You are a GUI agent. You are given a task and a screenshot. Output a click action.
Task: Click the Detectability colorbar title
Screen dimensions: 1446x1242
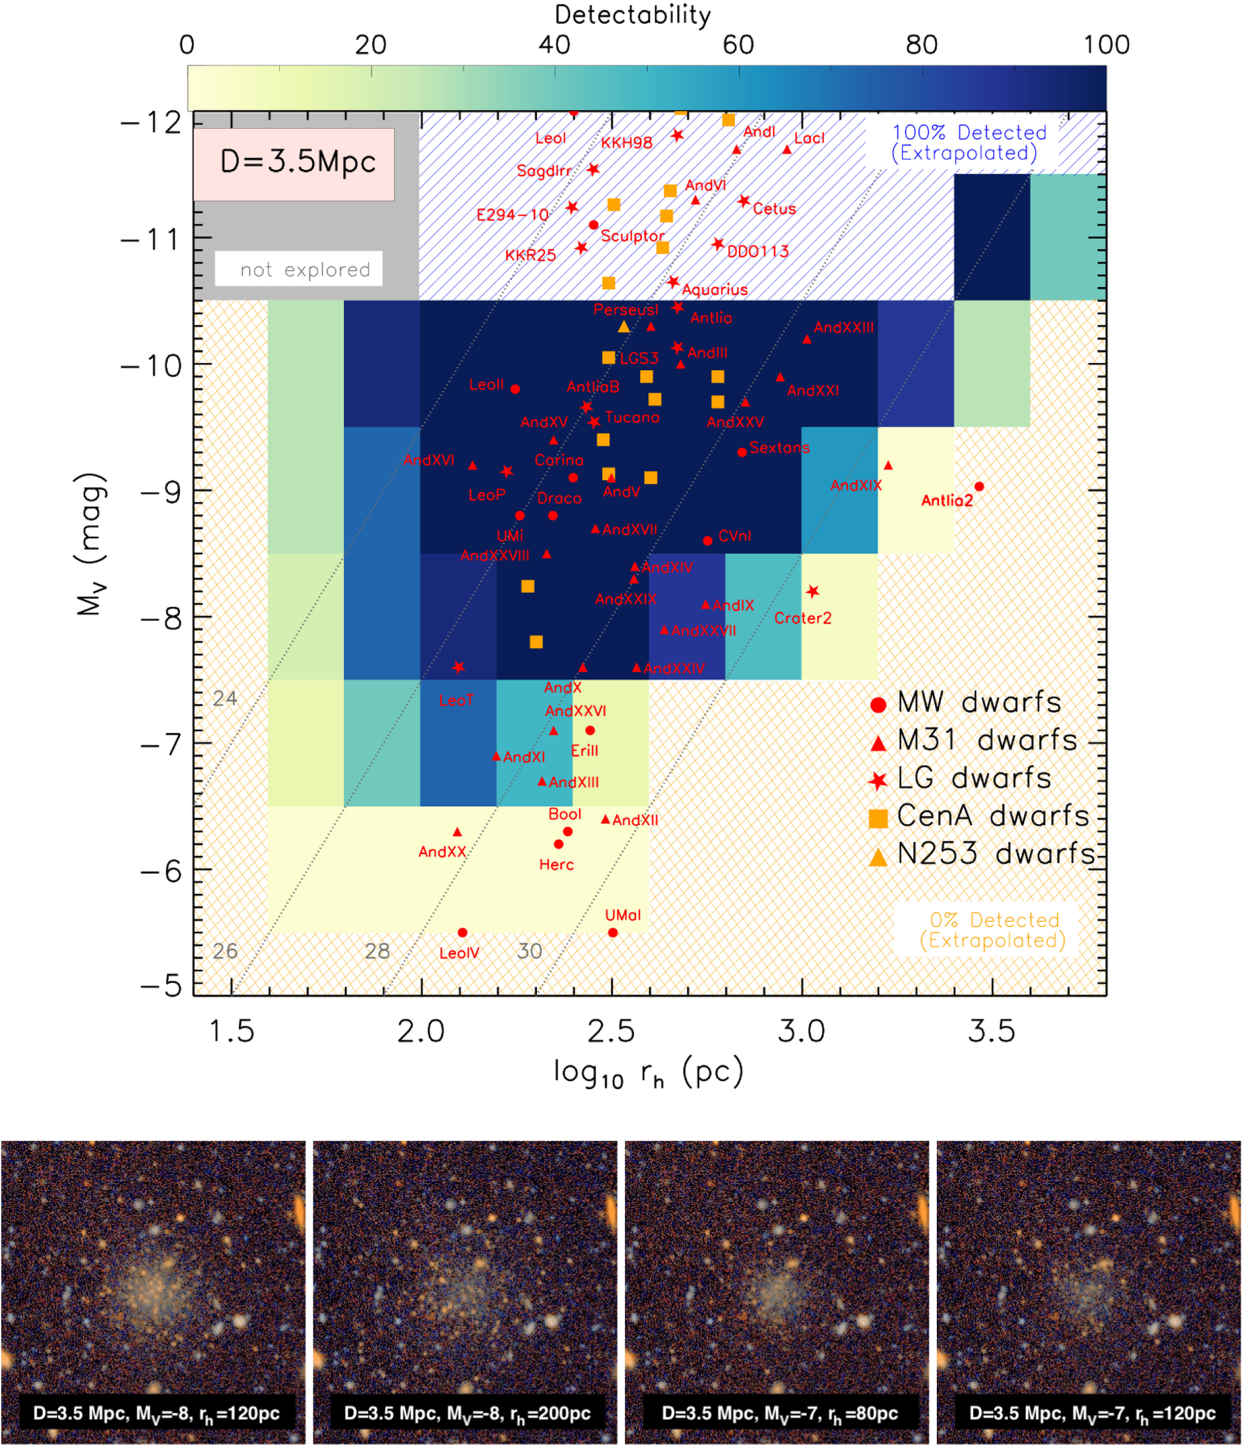tap(632, 14)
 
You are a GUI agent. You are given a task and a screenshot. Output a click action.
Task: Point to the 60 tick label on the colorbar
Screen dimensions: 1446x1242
tap(738, 46)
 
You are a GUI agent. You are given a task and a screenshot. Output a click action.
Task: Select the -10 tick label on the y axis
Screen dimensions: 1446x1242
tap(151, 366)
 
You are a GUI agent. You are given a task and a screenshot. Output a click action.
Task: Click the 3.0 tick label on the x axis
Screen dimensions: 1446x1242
tap(801, 1031)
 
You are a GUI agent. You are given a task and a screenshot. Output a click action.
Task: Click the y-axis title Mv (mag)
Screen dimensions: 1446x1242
tap(91, 545)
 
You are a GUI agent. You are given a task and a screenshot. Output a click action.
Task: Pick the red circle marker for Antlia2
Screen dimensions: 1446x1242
tap(979, 487)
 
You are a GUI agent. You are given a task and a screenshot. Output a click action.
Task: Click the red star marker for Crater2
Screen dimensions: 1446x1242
tap(812, 592)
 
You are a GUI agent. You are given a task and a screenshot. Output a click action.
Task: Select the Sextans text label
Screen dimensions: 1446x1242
tap(780, 447)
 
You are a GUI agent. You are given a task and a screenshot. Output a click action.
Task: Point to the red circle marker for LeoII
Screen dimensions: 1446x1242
tap(515, 389)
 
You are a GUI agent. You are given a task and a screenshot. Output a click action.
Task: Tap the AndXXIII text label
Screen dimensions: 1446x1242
tap(844, 327)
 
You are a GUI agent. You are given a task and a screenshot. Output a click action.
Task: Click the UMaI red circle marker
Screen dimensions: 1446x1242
tap(613, 932)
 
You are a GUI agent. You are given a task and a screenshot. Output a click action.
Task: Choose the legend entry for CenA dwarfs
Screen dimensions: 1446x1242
tap(977, 816)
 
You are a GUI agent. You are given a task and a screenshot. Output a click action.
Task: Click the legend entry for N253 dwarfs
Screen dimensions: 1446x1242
tap(980, 854)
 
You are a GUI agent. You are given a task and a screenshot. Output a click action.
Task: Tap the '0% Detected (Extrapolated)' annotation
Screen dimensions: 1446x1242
tap(992, 930)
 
